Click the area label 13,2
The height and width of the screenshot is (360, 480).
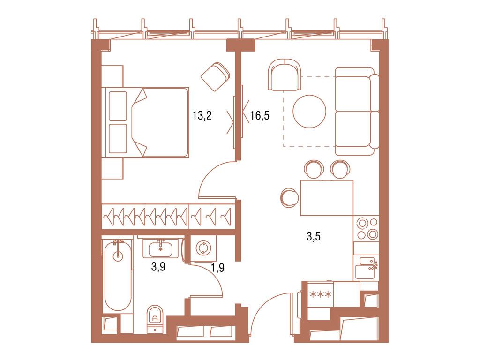coord(202,115)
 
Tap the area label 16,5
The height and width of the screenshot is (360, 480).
coord(259,116)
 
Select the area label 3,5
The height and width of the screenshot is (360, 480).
coord(313,237)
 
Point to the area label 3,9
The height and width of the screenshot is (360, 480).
coord(157,267)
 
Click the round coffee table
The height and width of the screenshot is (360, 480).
coord(309,112)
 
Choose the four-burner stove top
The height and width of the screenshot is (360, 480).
coord(366,228)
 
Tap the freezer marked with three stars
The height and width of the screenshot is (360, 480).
coord(321,294)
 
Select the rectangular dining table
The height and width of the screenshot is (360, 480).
coord(326,197)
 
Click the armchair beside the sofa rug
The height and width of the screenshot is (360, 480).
coord(285,75)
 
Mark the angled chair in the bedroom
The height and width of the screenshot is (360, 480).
coord(215,76)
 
